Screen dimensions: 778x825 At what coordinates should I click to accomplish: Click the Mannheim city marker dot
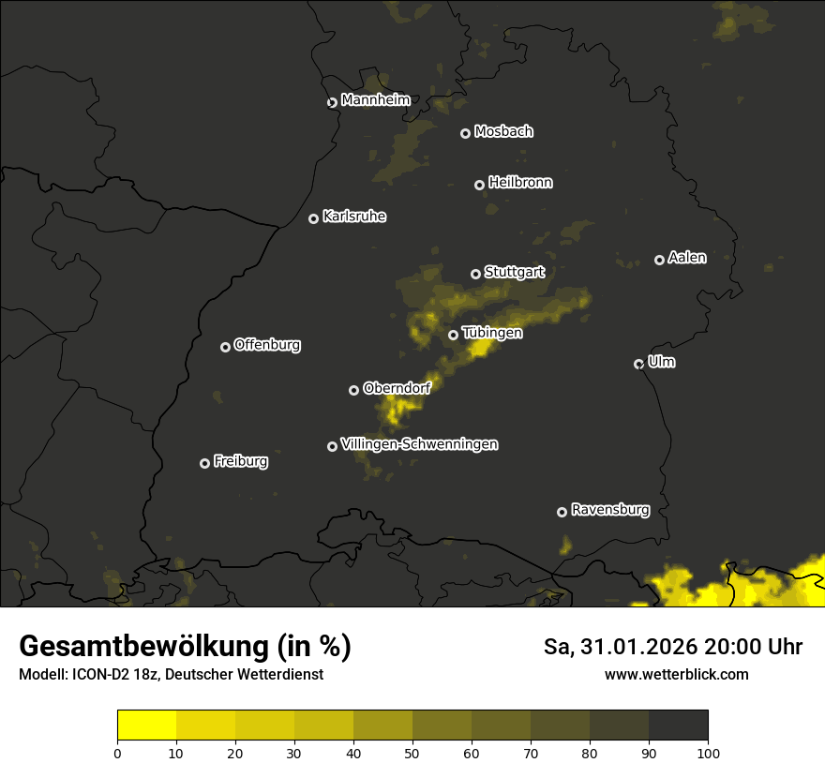(332, 103)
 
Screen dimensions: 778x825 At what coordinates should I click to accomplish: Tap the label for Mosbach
(503, 132)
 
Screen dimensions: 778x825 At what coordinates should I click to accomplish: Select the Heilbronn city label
(520, 183)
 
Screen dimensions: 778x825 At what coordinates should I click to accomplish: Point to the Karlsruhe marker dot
(314, 218)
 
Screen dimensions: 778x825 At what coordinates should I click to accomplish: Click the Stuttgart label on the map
(514, 272)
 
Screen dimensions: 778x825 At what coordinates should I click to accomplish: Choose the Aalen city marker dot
(659, 260)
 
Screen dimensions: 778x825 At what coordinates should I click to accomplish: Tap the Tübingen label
(492, 333)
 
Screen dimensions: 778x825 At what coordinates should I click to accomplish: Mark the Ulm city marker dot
(638, 364)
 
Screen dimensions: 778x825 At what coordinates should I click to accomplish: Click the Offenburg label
(267, 345)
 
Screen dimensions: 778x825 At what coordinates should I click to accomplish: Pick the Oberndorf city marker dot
(353, 390)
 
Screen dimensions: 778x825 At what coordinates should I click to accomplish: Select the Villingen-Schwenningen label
(419, 444)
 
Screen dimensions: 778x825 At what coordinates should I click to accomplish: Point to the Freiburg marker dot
(204, 463)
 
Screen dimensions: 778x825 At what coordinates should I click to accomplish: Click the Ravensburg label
(610, 510)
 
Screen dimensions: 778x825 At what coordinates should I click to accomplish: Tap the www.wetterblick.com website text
(677, 674)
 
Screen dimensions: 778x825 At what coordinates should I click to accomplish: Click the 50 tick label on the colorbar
(412, 752)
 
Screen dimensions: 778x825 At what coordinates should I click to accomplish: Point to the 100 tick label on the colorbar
(708, 752)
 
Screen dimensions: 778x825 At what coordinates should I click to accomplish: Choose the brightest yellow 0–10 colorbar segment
(147, 726)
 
